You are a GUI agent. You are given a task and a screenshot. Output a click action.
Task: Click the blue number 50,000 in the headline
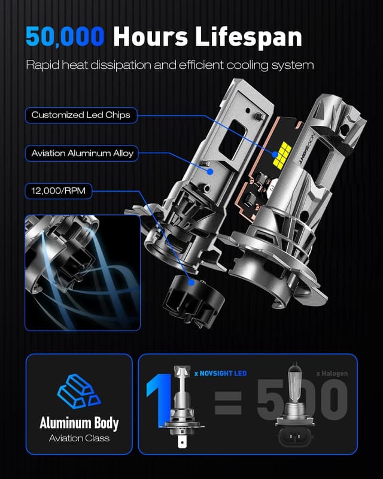coord(65,37)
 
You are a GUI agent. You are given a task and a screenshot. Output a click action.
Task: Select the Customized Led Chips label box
coord(81,115)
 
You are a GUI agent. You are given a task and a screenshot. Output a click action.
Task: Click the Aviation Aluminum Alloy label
coord(83,153)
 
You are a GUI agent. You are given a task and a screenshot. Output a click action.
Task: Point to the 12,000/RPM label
coord(55,192)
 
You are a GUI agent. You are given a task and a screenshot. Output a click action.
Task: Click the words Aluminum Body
coord(78,423)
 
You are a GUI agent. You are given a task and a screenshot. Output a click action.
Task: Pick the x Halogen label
coord(332,374)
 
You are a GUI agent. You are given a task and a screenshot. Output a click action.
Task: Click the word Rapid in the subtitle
coord(41,65)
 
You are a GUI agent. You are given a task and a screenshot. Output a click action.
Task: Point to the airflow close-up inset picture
coord(83,272)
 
